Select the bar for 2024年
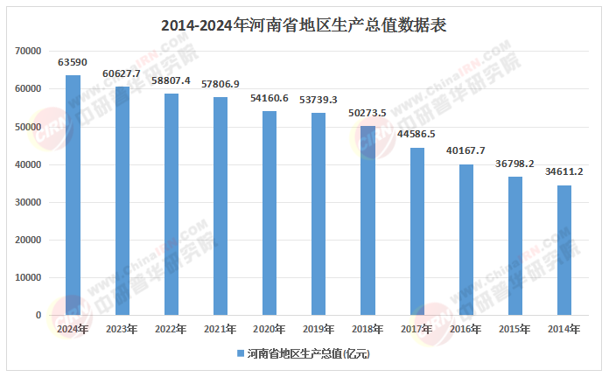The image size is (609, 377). point(73,195)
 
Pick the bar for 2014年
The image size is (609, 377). point(564,250)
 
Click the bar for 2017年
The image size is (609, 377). point(417,231)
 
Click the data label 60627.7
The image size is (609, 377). point(122,73)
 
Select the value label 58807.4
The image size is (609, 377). point(171,80)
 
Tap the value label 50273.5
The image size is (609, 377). point(367,113)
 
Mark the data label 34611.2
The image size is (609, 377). point(564,171)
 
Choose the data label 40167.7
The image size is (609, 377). point(466,150)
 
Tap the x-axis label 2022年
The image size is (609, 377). point(171,329)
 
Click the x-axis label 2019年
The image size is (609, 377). point(318,329)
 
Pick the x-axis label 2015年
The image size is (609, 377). point(515,329)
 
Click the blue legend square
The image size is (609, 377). point(240,354)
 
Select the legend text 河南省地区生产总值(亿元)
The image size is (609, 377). point(308,354)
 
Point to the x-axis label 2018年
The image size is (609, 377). point(367,329)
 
